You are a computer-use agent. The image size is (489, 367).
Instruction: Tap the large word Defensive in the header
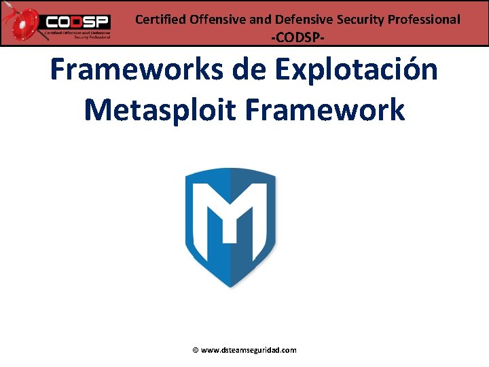point(302,20)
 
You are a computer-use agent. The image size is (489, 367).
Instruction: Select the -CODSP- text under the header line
point(297,38)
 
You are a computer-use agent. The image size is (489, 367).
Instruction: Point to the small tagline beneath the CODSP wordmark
point(76,35)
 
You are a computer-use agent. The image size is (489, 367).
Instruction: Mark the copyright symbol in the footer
point(196,351)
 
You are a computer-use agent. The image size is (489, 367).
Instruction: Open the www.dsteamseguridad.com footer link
point(249,351)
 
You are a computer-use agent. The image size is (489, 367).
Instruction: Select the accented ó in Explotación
point(407,71)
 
